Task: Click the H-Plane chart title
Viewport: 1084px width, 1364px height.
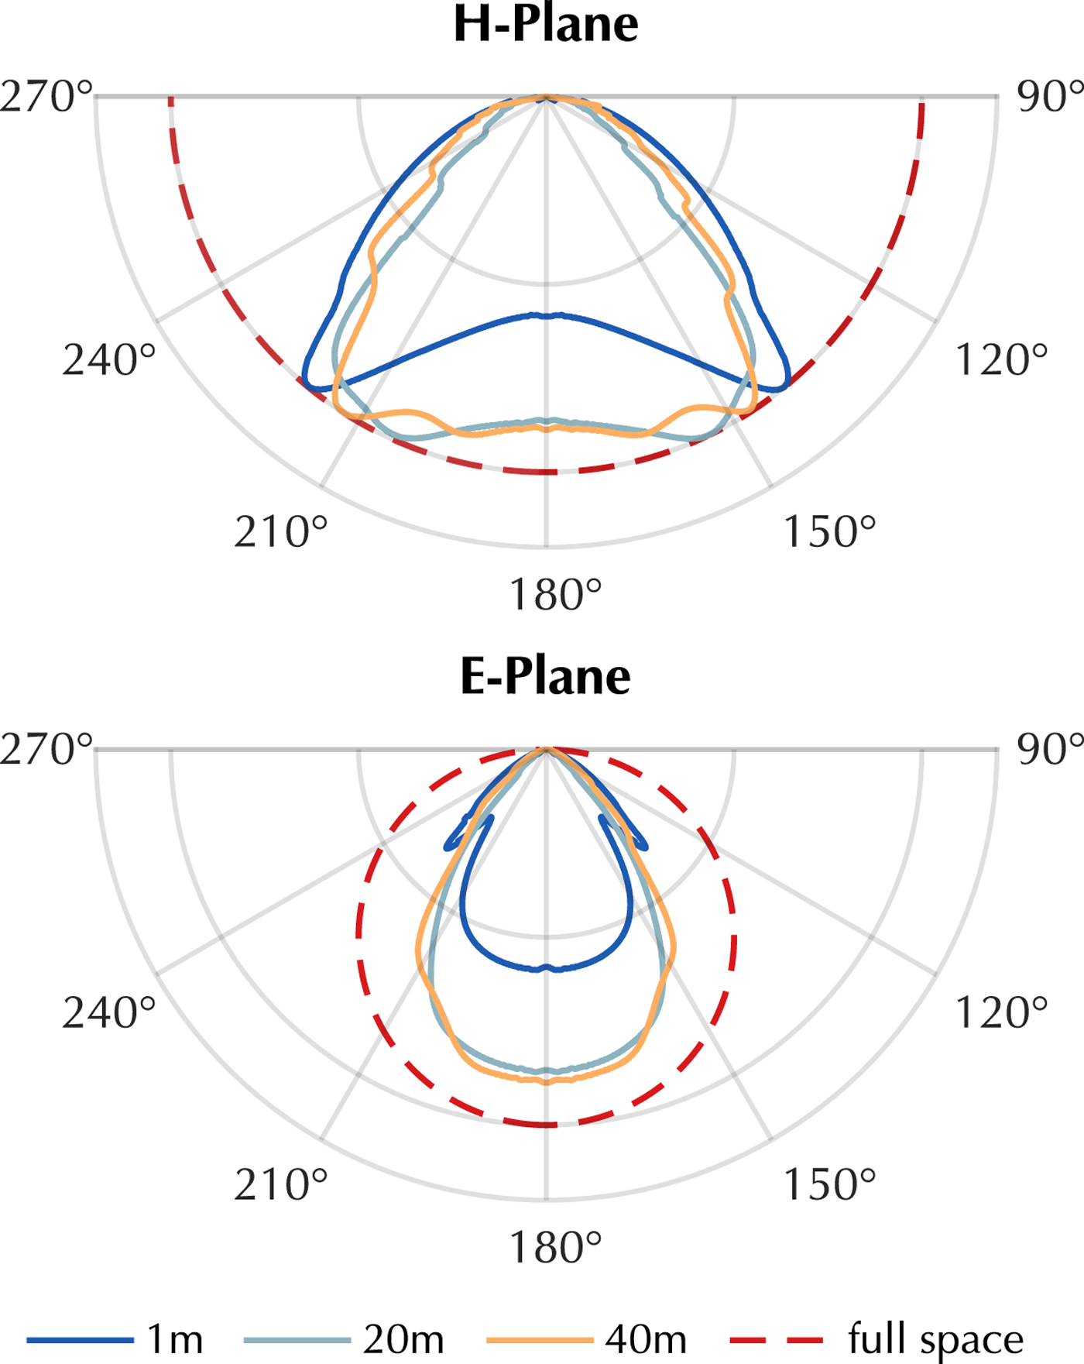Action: tap(546, 24)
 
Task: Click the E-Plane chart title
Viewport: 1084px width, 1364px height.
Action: tap(546, 676)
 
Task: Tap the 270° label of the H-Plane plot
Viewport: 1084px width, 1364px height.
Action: tap(46, 98)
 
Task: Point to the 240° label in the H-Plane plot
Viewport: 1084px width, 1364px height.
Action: tap(109, 360)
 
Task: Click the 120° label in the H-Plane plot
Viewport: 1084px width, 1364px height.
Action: tap(1001, 360)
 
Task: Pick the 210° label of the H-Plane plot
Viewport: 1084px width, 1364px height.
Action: tap(281, 532)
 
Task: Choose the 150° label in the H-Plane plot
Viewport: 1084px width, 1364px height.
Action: tap(829, 532)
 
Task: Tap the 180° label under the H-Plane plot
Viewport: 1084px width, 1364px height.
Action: tap(555, 596)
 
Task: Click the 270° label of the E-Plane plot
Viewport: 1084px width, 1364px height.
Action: tap(46, 750)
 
